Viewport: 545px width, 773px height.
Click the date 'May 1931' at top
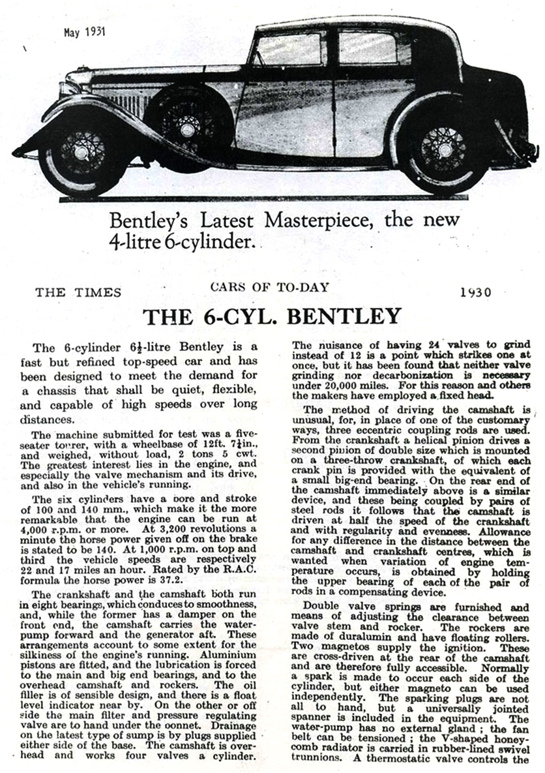tap(85, 31)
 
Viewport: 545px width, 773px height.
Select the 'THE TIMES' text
tap(78, 292)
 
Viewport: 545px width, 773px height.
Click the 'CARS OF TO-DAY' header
tap(269, 287)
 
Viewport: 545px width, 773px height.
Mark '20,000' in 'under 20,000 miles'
tap(338, 384)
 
